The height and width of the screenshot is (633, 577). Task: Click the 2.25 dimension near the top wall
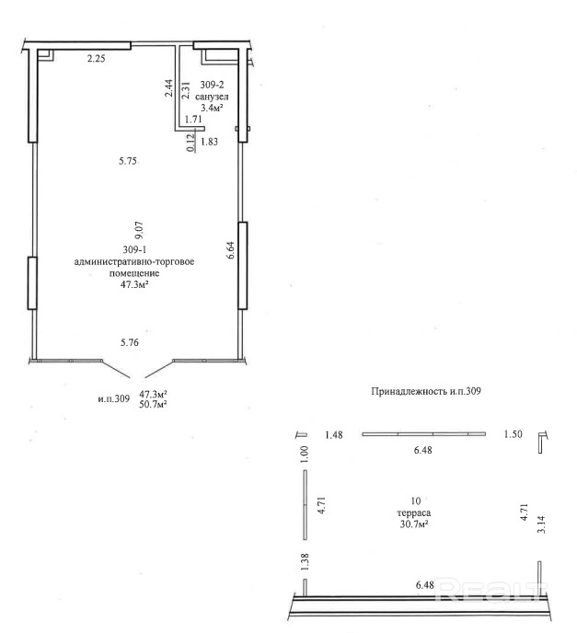coord(96,60)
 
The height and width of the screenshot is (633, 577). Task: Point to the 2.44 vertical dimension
coord(169,88)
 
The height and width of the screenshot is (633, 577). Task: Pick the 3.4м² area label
coord(213,107)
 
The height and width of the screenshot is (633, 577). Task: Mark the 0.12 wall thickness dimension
coord(190,143)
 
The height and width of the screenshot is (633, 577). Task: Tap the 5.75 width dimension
coord(128,162)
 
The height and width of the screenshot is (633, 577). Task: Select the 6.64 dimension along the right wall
coord(231,250)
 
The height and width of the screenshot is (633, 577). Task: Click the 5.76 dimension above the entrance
coord(128,343)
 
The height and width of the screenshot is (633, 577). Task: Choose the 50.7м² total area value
coord(152,404)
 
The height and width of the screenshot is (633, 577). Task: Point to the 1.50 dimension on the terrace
coord(512,435)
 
